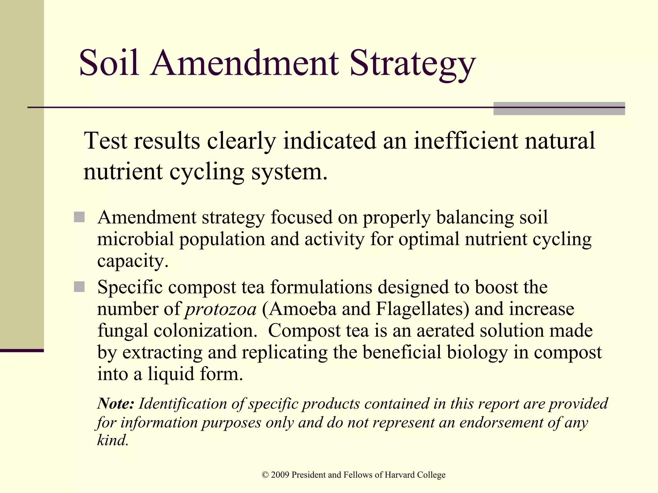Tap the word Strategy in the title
click(413, 64)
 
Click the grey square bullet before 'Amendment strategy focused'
click(79, 217)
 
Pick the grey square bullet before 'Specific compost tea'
click(79, 287)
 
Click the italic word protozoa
click(221, 309)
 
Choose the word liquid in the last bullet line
click(171, 374)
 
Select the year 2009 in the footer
click(280, 475)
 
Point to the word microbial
click(135, 239)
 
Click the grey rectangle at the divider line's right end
click(559, 108)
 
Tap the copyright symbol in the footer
click(265, 475)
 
